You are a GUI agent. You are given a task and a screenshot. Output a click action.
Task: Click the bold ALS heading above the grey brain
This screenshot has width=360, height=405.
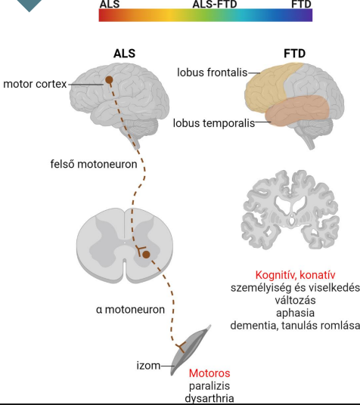tap(124, 54)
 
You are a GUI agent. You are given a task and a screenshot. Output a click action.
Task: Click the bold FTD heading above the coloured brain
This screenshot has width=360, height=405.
tap(294, 54)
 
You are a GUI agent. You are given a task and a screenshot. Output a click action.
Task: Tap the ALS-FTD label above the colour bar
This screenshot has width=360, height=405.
tap(215, 4)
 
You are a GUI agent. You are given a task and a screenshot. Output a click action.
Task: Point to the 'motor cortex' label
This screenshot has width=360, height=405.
tap(35, 84)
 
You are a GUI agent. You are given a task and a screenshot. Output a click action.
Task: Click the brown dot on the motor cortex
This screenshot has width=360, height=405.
tap(109, 80)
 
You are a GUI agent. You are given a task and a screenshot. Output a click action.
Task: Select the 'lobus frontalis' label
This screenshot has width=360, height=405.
tap(213, 73)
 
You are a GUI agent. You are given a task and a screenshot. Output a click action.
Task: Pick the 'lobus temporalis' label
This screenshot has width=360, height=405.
tap(214, 123)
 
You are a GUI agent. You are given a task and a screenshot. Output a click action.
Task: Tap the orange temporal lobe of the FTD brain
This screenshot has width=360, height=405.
tap(297, 110)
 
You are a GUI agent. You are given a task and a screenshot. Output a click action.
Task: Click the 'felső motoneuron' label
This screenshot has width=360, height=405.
tap(94, 164)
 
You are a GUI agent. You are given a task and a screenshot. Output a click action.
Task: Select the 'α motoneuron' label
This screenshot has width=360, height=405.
tap(130, 310)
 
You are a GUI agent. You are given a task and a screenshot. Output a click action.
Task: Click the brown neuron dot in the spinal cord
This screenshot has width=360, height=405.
tap(147, 255)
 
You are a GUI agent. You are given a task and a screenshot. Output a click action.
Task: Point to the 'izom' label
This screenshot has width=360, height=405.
tap(148, 366)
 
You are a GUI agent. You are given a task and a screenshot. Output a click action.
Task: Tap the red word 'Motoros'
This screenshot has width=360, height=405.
tap(209, 373)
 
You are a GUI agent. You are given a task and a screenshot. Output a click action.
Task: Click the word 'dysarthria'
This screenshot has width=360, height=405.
tap(209, 398)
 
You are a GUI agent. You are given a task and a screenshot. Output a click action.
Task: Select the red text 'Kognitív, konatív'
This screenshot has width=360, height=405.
tap(295, 275)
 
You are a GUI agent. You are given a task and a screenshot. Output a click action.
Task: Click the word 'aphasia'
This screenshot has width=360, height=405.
tap(295, 313)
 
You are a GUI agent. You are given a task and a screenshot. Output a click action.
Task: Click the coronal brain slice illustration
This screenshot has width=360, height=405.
tap(290, 209)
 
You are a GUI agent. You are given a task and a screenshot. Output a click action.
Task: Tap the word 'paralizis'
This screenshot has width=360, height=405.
tap(209, 386)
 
